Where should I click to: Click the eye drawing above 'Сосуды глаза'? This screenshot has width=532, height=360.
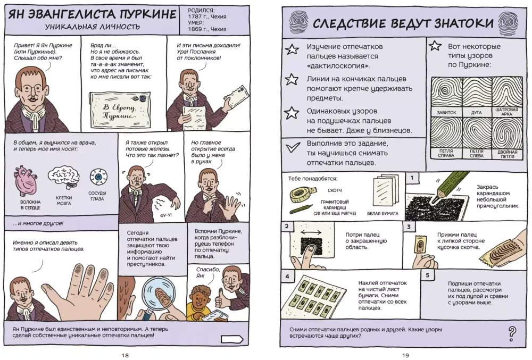tap(97, 176)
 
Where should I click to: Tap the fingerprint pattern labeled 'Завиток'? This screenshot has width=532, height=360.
tap(446, 94)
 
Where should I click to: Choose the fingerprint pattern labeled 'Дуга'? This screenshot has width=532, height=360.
tap(477, 94)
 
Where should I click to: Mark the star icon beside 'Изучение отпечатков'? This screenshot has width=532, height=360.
tap(292, 50)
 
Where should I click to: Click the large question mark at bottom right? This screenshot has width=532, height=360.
tap(512, 333)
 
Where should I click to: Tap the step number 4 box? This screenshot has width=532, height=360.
tap(287, 277)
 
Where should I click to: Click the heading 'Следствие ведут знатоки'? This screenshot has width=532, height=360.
tap(402, 23)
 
